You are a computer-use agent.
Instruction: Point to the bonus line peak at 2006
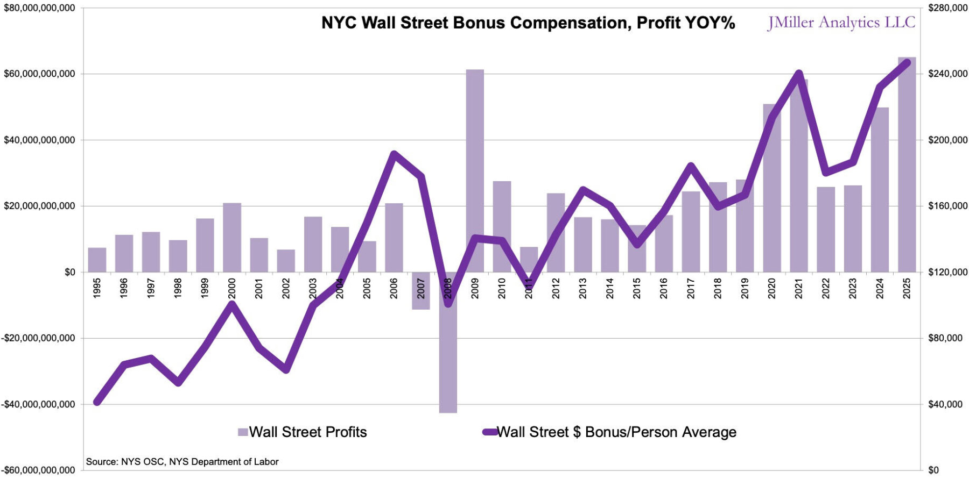[x=394, y=154]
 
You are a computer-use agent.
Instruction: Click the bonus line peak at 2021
[x=799, y=74]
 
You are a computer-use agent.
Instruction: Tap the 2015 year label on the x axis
[x=637, y=288]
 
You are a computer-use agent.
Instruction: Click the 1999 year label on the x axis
[x=205, y=288]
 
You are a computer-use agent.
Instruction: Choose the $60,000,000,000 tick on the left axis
[x=39, y=74]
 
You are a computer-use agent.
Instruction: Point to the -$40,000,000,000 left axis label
[x=38, y=404]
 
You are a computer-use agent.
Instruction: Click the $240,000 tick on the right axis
[x=947, y=74]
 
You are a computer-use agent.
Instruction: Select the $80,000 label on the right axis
[x=945, y=338]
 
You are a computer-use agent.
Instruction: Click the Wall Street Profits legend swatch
[x=243, y=432]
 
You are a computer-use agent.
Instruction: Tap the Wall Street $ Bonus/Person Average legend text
[x=616, y=432]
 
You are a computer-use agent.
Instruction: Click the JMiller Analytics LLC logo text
[x=841, y=23]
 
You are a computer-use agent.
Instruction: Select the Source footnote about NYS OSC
[x=182, y=462]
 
